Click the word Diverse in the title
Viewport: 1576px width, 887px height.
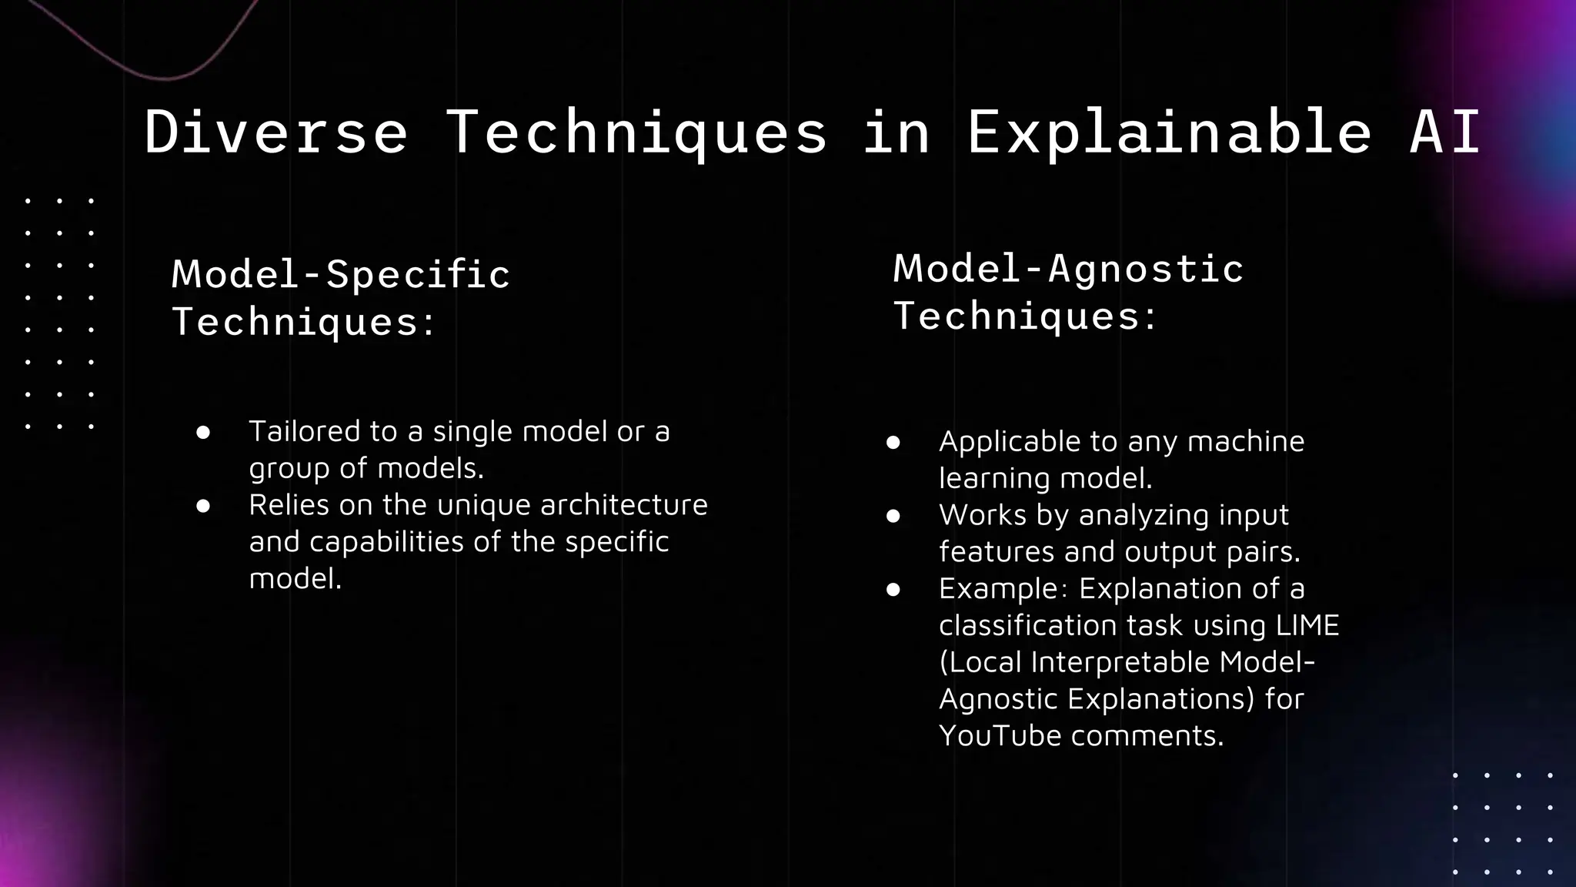pos(275,132)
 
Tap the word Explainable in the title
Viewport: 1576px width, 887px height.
pos(1169,132)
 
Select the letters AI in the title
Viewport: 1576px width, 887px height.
pos(1444,132)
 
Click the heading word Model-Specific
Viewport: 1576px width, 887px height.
pos(341,274)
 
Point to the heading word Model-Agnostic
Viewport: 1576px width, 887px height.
pos(1068,269)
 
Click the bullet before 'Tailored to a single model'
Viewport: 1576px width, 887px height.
pos(203,433)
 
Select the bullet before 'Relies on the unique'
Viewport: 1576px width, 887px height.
pos(203,506)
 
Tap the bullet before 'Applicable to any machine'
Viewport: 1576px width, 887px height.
pos(893,443)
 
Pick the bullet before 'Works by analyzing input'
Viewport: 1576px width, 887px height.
pos(893,516)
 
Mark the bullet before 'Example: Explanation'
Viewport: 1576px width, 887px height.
pos(893,590)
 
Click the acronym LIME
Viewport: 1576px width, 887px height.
pos(1307,625)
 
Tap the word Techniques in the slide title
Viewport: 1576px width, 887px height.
pos(636,132)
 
